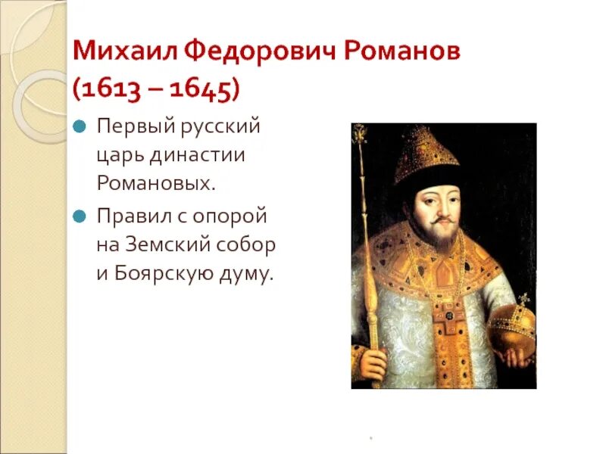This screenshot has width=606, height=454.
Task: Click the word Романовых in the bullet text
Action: coord(156,184)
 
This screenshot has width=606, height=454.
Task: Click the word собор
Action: coord(248,245)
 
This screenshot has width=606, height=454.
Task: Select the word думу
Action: coord(241,275)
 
